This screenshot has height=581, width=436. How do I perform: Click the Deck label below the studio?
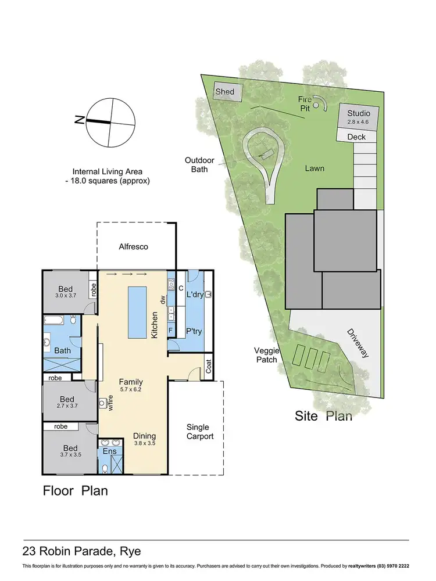pos(356,137)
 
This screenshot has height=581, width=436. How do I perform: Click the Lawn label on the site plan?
pos(314,168)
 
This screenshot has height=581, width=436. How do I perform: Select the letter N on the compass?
pos(78,120)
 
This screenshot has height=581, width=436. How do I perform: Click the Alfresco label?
pos(134,246)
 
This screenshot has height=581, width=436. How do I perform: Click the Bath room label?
pos(62,350)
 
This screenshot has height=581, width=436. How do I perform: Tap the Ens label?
pos(109,451)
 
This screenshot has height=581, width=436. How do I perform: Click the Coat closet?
pos(208,366)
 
